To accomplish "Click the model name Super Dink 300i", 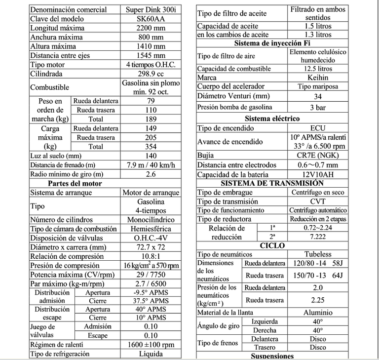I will click(x=151, y=9).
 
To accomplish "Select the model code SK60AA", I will click(x=151, y=18).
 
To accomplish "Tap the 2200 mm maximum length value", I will click(x=151, y=28).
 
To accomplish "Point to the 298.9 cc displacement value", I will click(x=151, y=74).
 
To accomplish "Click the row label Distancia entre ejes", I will click(x=60, y=55).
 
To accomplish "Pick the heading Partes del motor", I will click(x=75, y=183).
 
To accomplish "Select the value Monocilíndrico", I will click(x=151, y=219).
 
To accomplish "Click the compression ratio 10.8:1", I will click(x=151, y=256).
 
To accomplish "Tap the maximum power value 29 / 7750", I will click(x=151, y=274).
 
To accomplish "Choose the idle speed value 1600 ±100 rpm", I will click(x=151, y=345).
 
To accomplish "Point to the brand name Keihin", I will click(x=318, y=78).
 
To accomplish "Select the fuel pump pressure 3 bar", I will click(x=318, y=107).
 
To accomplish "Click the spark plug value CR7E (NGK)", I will click(x=318, y=155).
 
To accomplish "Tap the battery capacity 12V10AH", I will click(x=318, y=174).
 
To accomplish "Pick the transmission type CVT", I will click(x=318, y=201).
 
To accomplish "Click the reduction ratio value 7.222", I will click(x=318, y=237).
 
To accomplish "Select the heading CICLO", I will click(x=272, y=245).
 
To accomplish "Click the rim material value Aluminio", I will click(x=318, y=312).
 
